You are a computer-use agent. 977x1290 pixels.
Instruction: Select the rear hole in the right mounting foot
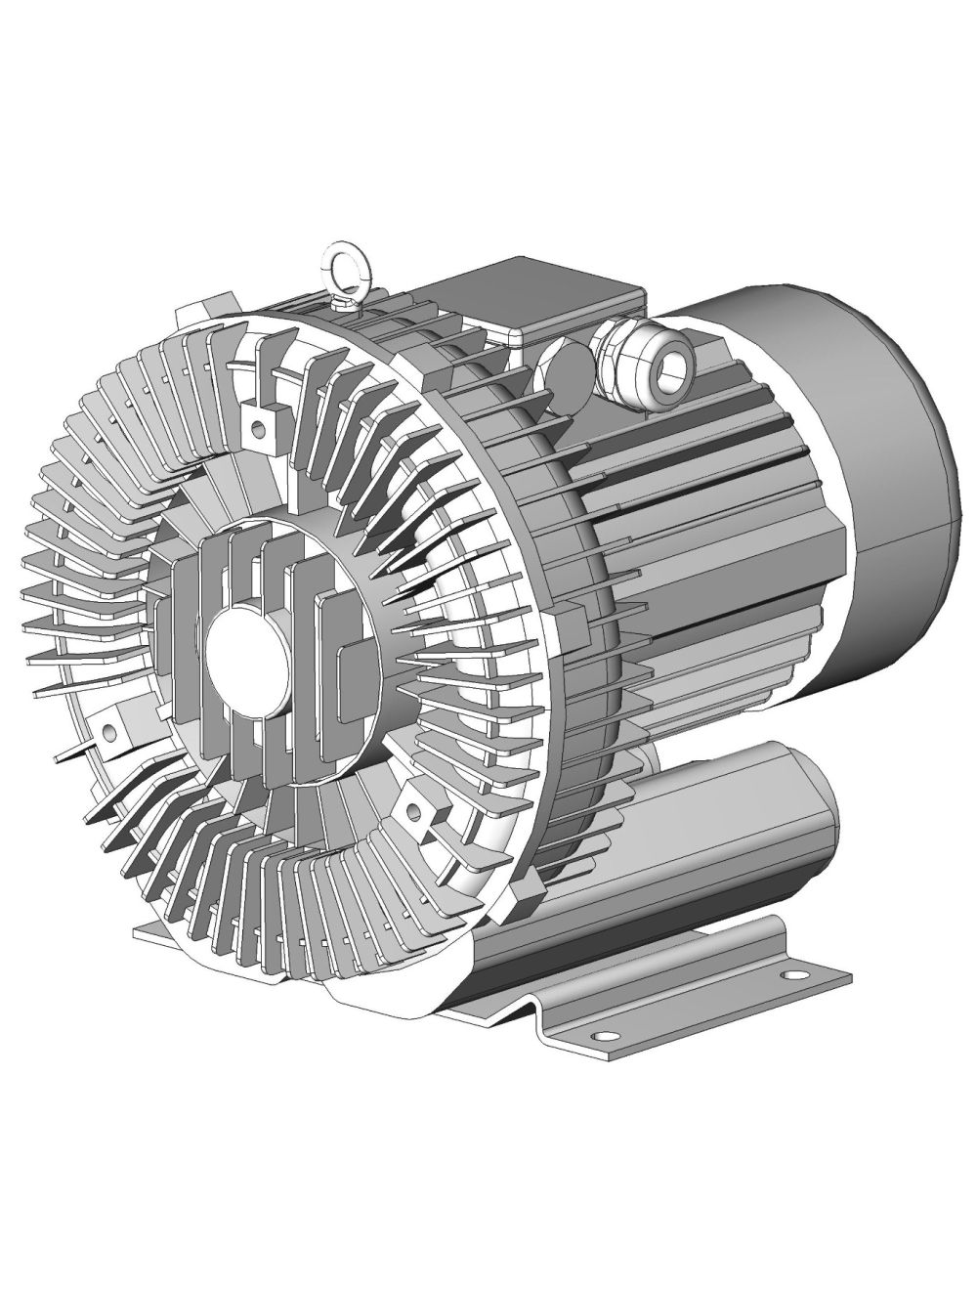click(785, 974)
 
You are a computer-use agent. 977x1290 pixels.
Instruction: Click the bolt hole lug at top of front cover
click(258, 423)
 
